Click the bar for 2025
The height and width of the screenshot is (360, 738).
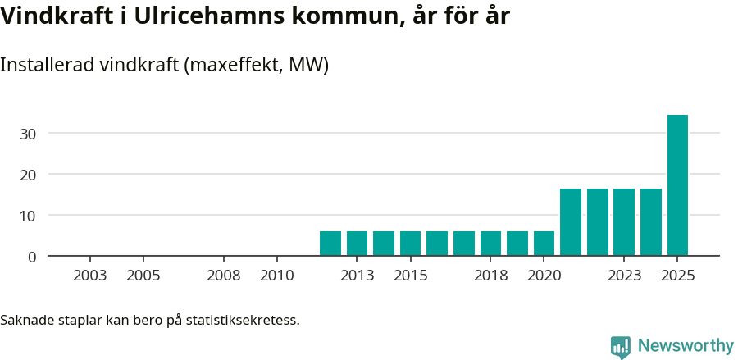pos(677,185)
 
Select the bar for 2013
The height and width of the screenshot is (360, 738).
pos(357,244)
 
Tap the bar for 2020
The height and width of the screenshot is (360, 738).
pos(544,244)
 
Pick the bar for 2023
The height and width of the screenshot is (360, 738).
pos(624,222)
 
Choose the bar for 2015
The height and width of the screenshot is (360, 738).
pos(410,244)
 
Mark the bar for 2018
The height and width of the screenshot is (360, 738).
pos(490,244)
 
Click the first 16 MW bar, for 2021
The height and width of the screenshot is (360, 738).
pos(571,222)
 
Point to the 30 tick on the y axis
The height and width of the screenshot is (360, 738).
pos(29,134)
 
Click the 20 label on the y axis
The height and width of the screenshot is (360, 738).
pos(29,175)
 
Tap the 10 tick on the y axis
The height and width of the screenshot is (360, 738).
pos(29,216)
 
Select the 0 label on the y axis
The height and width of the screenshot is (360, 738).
pos(32,257)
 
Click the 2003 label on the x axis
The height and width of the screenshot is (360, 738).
pos(89,276)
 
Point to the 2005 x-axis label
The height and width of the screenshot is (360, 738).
pos(143,276)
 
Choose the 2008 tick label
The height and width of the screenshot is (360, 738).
pos(223,276)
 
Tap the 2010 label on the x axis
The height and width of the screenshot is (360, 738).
pos(276,276)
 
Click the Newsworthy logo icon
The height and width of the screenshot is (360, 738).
pos(621,347)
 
